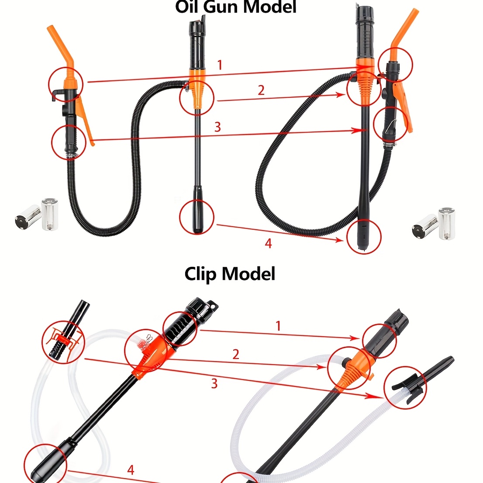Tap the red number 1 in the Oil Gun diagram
click(x=220, y=66)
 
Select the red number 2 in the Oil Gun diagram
click(x=261, y=90)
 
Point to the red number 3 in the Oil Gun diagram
click(x=217, y=127)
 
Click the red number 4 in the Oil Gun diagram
click(x=268, y=243)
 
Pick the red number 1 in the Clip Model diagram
click(x=278, y=326)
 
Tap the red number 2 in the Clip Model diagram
click(x=236, y=354)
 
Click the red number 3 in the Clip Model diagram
click(x=214, y=383)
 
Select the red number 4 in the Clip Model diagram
click(x=131, y=470)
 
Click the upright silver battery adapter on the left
click(x=50, y=214)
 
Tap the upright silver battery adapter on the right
click(x=447, y=224)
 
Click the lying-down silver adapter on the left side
click(x=28, y=217)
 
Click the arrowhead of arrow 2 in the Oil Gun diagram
click(x=342, y=95)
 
